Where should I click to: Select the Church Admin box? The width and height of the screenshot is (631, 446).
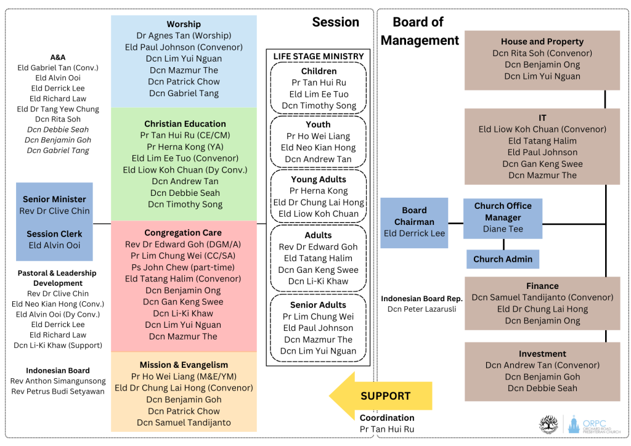502,259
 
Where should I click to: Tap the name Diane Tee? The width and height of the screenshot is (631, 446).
502,229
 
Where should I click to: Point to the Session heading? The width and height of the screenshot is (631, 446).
335,22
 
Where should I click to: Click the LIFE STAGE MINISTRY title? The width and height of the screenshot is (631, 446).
319,56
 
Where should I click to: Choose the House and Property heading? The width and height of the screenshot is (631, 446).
542,41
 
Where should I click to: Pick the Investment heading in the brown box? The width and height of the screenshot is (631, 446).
542,354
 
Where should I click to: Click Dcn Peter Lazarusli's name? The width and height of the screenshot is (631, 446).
421,309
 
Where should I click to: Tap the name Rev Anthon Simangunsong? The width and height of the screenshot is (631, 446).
58,381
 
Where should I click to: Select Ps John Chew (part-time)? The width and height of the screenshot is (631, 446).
184,267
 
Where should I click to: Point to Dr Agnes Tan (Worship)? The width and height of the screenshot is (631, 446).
184,36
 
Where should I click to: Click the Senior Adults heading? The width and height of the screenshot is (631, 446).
318,305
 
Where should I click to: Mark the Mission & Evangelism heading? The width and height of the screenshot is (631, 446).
184,365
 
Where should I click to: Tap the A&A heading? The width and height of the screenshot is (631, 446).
58,57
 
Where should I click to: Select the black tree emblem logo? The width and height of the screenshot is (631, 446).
548,424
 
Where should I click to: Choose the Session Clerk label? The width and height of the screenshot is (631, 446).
54,234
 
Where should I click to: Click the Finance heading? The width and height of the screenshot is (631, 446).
542,286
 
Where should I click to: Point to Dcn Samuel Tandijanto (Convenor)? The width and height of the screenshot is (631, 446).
542,298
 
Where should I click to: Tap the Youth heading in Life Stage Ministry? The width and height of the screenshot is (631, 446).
318,124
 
